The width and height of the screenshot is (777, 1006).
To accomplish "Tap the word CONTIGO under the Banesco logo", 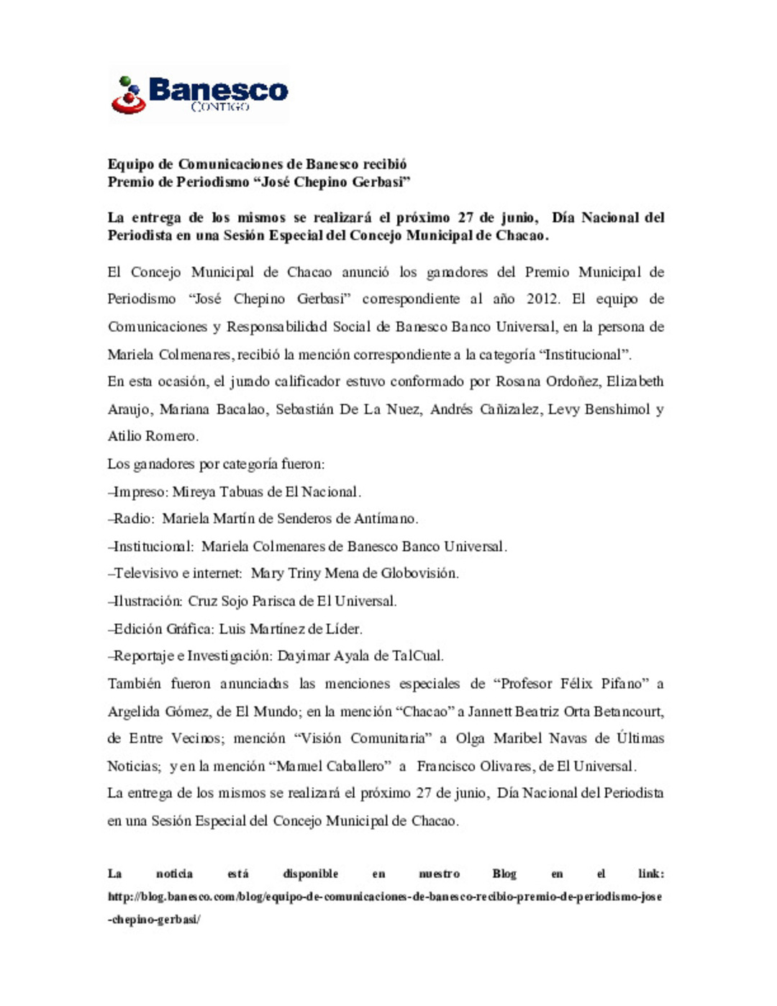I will pos(220,107).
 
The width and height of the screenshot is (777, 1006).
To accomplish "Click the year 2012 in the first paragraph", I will pos(542,299).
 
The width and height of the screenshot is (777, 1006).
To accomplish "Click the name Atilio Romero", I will pos(153,436).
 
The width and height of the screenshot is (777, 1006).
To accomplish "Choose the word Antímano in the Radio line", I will pos(386,519).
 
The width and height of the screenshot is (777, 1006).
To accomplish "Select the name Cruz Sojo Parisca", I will pos(234,601).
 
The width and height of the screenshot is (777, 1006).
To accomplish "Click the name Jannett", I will pos(489,712).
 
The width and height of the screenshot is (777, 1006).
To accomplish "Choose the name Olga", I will pos(471,738).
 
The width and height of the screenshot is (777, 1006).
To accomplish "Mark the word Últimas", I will pos(640,738).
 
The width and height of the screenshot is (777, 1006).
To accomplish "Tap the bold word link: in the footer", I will pos(650,874).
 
